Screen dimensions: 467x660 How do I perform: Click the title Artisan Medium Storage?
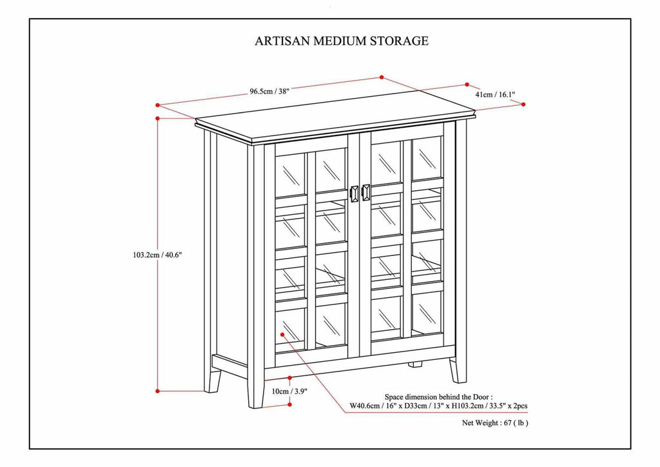pos(342,41)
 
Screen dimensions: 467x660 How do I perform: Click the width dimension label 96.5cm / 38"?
pos(269,91)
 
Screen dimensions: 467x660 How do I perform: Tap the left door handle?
pos(354,193)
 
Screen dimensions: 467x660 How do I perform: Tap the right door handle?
pos(366,192)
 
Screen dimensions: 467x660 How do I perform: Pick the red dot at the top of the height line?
pos(158,118)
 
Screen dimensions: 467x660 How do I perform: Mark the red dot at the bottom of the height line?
pos(158,390)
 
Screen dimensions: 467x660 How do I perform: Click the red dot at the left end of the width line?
pos(158,104)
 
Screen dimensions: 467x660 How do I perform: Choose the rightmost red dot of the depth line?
pos(523,104)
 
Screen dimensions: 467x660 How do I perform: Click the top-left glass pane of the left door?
pos(290,172)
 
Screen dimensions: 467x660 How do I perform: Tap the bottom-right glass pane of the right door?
pos(426,312)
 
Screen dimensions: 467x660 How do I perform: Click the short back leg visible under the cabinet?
pos(416,364)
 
